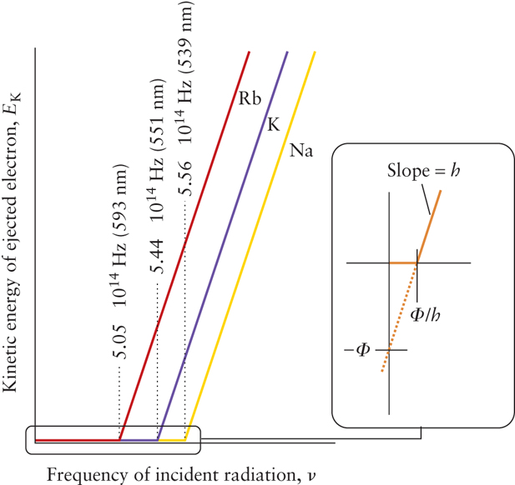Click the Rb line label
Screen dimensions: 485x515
250,98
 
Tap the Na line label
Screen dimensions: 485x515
301,151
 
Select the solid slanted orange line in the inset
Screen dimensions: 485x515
428,225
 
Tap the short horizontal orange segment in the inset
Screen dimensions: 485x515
403,263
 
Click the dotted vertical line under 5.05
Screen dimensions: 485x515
120,408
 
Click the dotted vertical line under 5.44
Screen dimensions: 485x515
157,383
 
